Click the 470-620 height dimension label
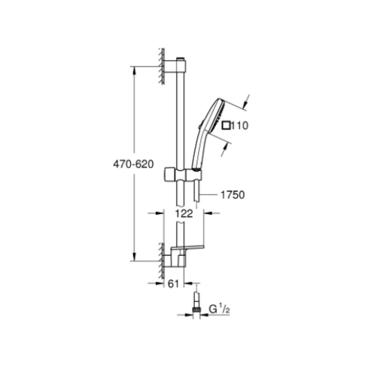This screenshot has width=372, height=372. (x=133, y=164)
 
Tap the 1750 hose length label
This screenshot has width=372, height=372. (x=232, y=195)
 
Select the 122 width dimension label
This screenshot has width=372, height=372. (x=184, y=214)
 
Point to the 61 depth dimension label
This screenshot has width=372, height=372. (x=173, y=283)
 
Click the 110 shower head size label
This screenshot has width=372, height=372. (x=240, y=125)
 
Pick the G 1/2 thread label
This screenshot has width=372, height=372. (x=219, y=310)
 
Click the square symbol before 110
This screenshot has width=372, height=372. (x=226, y=125)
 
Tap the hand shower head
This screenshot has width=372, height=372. (x=213, y=116)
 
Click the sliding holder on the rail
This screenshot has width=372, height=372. (x=183, y=175)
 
